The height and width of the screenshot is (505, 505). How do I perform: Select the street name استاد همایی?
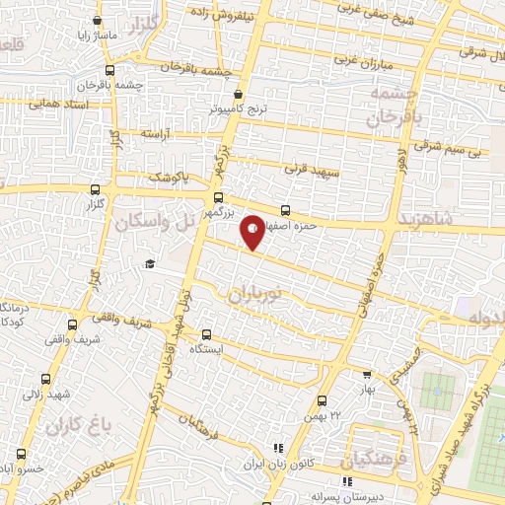point(60,103)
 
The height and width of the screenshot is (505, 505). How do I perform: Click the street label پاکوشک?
point(168,177)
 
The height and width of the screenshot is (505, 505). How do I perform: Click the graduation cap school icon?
point(149,263)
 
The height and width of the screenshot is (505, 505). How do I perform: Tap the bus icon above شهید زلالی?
point(45,379)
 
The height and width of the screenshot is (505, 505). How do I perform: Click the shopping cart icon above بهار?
point(367,376)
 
